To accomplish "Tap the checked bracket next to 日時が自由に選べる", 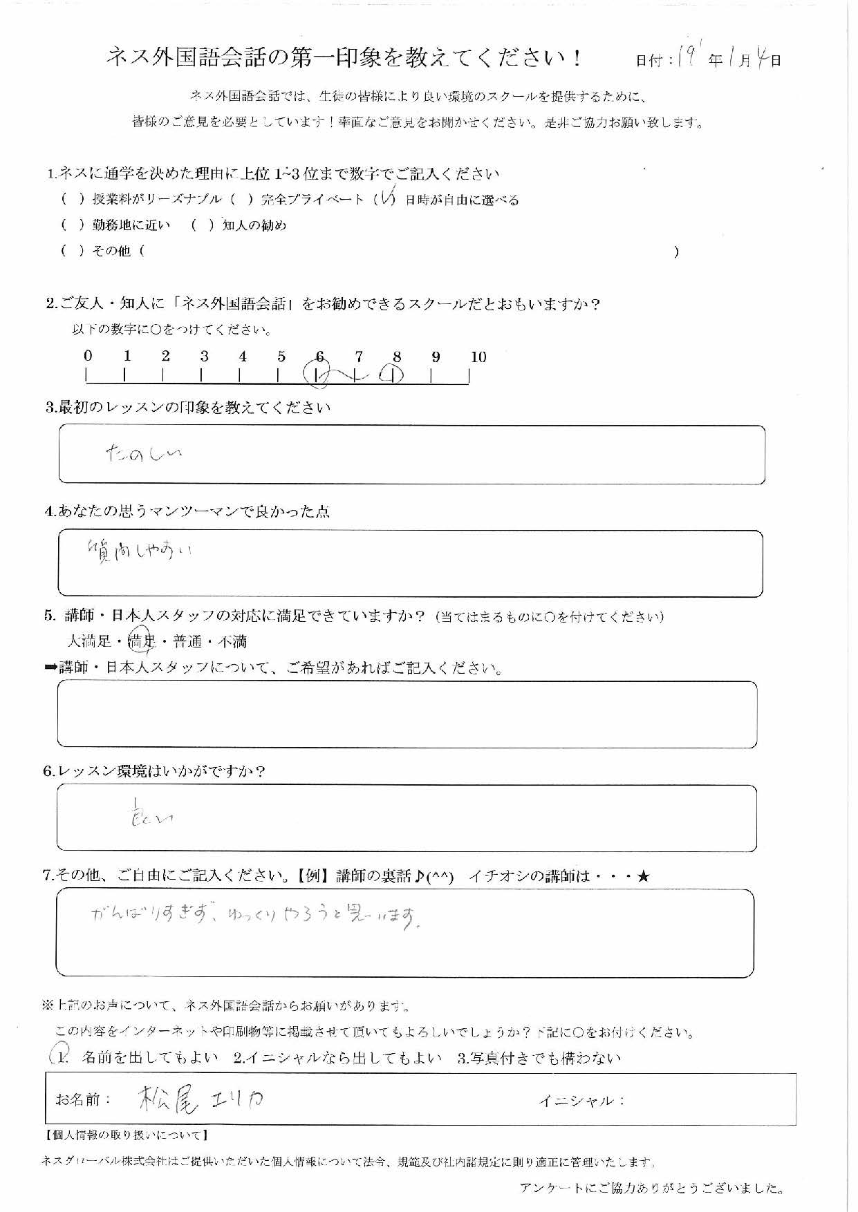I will click(x=384, y=200).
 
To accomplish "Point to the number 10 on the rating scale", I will click(x=478, y=357).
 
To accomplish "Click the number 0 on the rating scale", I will click(x=88, y=357).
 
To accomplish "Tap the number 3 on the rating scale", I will click(x=204, y=357).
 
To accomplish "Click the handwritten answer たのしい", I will click(x=143, y=453).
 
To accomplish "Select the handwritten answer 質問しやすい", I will click(x=139, y=551).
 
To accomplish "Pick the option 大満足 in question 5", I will click(x=90, y=642).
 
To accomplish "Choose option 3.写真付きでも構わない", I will click(x=539, y=1058).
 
